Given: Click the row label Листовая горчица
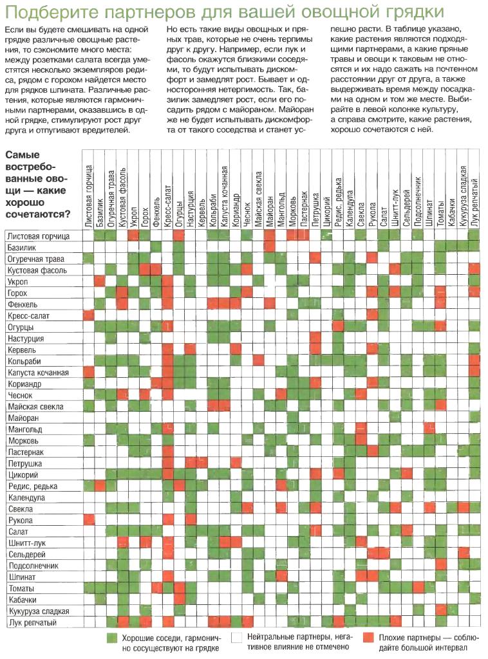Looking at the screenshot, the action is tap(38, 236).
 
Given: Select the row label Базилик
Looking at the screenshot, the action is tap(21, 248).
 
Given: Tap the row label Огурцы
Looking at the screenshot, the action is tap(21, 327).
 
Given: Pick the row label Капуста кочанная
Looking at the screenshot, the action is tap(38, 373).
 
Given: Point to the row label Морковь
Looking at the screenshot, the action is tap(23, 441).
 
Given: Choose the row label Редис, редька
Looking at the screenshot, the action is tap(33, 487).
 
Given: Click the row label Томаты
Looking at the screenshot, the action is tap(21, 588).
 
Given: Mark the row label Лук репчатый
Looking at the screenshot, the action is tap(32, 622).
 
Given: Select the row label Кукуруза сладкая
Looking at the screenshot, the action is tap(39, 611).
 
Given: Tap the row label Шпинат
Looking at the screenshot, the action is tap(22, 577).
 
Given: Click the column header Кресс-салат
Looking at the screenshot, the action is tap(167, 206).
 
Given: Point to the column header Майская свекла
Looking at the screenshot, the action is tap(258, 200).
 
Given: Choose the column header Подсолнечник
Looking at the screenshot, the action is tap(417, 201).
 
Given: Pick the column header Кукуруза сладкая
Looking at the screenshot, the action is tap(462, 197).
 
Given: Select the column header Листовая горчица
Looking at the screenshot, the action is tap(88, 196).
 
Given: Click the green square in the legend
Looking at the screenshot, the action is tap(112, 638).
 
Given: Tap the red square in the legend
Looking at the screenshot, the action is tap(369, 638).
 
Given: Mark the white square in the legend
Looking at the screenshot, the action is tap(238, 638).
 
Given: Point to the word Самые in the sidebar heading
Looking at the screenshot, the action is tap(23, 154).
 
